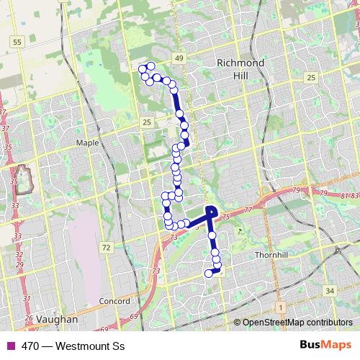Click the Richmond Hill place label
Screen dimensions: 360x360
click(x=241, y=69)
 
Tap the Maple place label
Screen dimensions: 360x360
click(x=87, y=143)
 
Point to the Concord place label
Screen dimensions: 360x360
click(x=115, y=300)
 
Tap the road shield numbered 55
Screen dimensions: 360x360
click(x=17, y=43)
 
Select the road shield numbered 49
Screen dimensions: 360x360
click(x=179, y=58)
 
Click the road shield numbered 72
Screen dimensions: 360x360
click(x=107, y=248)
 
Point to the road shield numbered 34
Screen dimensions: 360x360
click(x=330, y=290)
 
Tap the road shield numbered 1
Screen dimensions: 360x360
click(x=280, y=307)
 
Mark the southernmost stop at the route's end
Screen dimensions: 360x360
click(x=210, y=273)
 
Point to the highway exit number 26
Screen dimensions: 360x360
click(x=30, y=318)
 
